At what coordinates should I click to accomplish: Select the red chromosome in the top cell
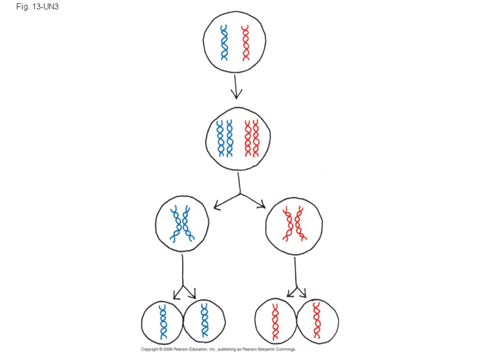coord(245,43)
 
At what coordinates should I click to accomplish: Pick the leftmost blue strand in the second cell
coord(220,138)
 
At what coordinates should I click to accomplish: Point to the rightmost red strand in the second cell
coord(255,138)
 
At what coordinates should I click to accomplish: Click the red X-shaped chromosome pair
coord(294,224)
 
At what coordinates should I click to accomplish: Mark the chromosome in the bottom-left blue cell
coord(163,322)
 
